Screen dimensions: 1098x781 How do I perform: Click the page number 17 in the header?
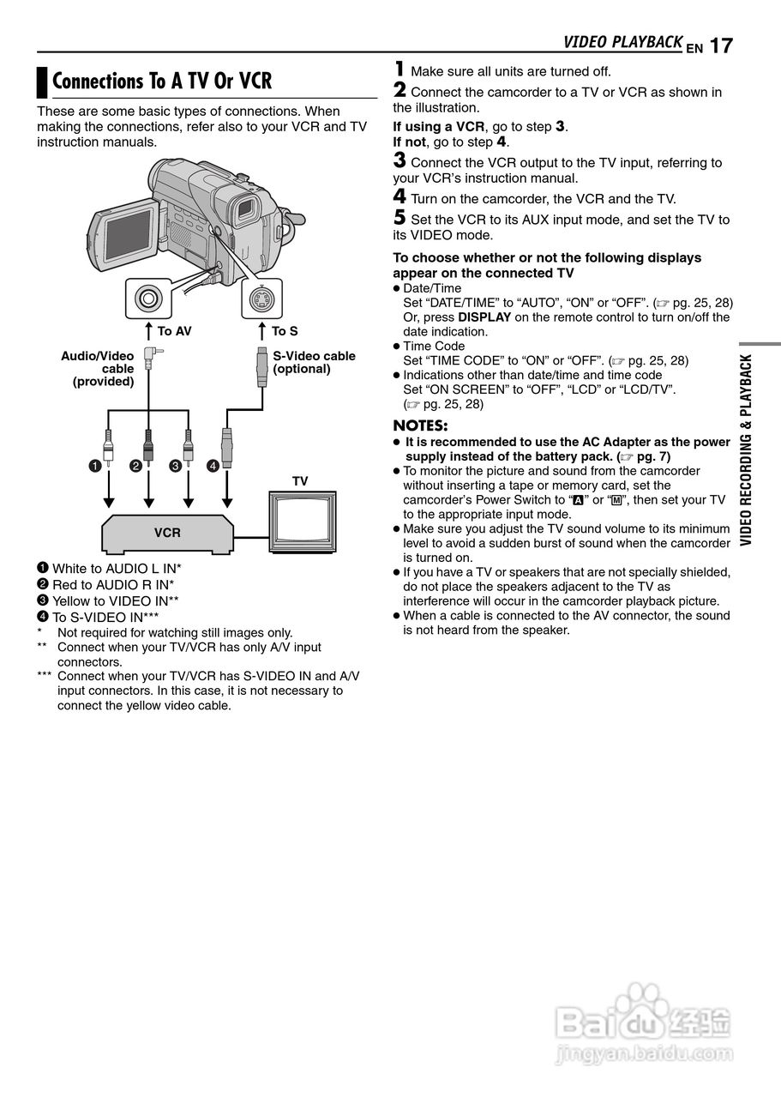coord(721,45)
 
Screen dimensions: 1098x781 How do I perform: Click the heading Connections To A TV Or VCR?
coord(162,81)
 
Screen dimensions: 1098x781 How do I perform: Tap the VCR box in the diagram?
coord(167,533)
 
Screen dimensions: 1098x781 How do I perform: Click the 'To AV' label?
coord(174,331)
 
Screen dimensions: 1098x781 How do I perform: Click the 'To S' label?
coord(285,331)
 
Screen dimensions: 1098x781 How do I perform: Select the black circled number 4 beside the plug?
coord(213,466)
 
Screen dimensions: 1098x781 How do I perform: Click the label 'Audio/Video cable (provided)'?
coord(99,369)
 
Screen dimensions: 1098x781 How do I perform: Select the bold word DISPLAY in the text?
coord(484,317)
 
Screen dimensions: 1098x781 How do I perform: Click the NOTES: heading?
coord(420,425)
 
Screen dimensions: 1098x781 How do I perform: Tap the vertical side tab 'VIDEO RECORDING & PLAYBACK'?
coord(746,449)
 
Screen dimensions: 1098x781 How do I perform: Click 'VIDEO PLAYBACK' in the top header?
coord(622,42)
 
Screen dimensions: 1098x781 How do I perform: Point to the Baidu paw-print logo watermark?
coord(640,1011)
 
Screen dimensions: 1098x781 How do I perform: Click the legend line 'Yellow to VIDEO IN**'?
coord(115,600)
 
